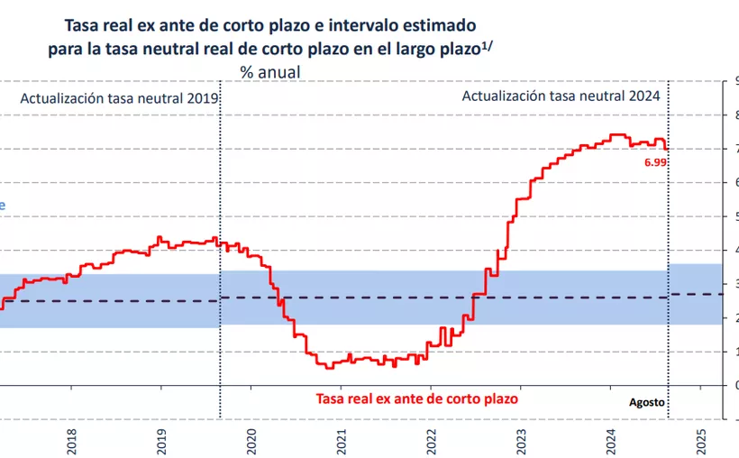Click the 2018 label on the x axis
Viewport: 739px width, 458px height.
click(72, 442)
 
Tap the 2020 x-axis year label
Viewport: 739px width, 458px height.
click(252, 442)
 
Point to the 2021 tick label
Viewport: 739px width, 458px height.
click(342, 442)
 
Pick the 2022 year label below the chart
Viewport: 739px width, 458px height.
click(432, 442)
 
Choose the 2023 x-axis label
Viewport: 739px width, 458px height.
click(522, 442)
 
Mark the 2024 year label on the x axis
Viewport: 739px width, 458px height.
click(611, 442)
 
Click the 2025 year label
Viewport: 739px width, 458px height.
click(701, 442)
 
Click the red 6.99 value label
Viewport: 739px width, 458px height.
click(654, 161)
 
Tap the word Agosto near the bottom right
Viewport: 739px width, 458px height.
click(647, 402)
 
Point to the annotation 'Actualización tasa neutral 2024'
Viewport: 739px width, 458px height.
click(561, 96)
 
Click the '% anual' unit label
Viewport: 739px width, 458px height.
click(269, 71)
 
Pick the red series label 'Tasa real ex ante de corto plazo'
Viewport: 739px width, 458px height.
click(417, 398)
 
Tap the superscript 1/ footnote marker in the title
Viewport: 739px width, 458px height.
click(488, 42)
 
